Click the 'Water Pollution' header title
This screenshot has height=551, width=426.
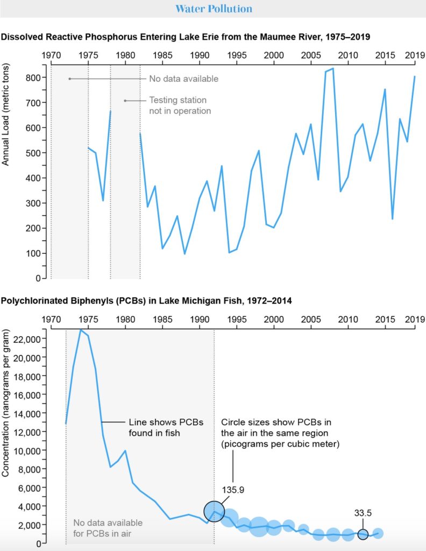coord(214,9)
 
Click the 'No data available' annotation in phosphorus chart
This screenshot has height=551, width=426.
coord(183,79)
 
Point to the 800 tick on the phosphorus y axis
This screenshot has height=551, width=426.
coord(34,77)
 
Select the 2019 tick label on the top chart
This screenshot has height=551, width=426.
coord(414,55)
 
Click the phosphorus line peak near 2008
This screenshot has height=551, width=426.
coord(333,68)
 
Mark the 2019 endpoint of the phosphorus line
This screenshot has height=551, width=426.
coord(414,76)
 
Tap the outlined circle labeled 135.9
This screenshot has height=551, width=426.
coord(214,511)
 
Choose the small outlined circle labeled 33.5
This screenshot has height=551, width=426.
coord(363,534)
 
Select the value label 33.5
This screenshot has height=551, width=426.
coord(363,513)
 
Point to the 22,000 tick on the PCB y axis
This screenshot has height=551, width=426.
coord(27,338)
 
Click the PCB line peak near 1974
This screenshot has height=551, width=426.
coord(81,330)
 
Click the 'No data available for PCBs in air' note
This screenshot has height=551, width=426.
coord(108,527)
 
